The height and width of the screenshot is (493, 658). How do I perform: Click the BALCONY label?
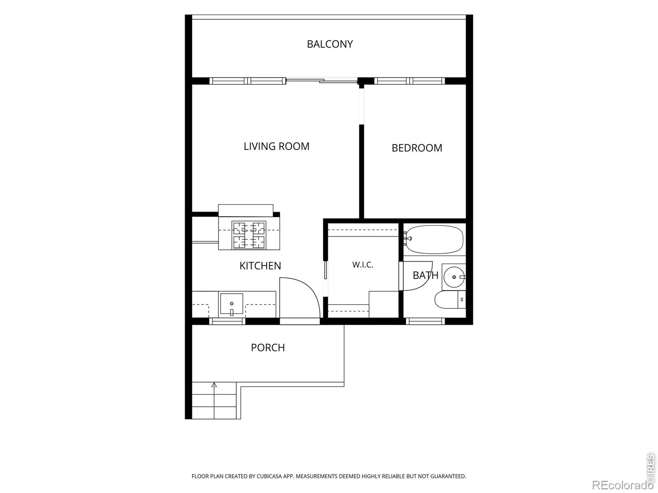[330, 44]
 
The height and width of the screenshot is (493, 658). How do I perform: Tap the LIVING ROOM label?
[276, 146]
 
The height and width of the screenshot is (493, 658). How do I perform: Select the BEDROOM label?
[417, 148]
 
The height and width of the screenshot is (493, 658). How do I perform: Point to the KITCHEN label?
[260, 266]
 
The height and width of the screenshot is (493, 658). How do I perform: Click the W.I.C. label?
[363, 265]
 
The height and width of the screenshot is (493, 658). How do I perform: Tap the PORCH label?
[268, 348]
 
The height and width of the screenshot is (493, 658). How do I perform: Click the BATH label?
[425, 275]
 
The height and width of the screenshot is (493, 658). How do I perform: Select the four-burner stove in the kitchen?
[249, 235]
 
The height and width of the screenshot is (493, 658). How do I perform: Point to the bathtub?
[433, 239]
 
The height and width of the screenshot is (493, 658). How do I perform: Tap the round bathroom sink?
[454, 277]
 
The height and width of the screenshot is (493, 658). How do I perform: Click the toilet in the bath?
[450, 299]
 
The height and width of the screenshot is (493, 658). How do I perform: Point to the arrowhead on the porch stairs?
[214, 385]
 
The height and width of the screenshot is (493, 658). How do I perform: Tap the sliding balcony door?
[322, 80]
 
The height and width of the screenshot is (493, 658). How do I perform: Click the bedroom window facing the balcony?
[410, 81]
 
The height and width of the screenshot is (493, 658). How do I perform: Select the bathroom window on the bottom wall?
[425, 321]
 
